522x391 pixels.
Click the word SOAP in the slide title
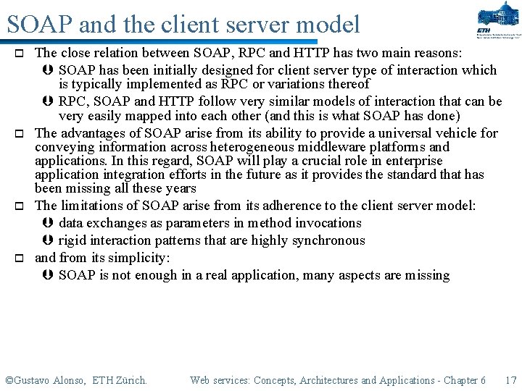[40, 25]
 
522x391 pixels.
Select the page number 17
[510, 380]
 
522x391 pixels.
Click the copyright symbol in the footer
[9, 380]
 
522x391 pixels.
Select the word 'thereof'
[347, 84]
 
